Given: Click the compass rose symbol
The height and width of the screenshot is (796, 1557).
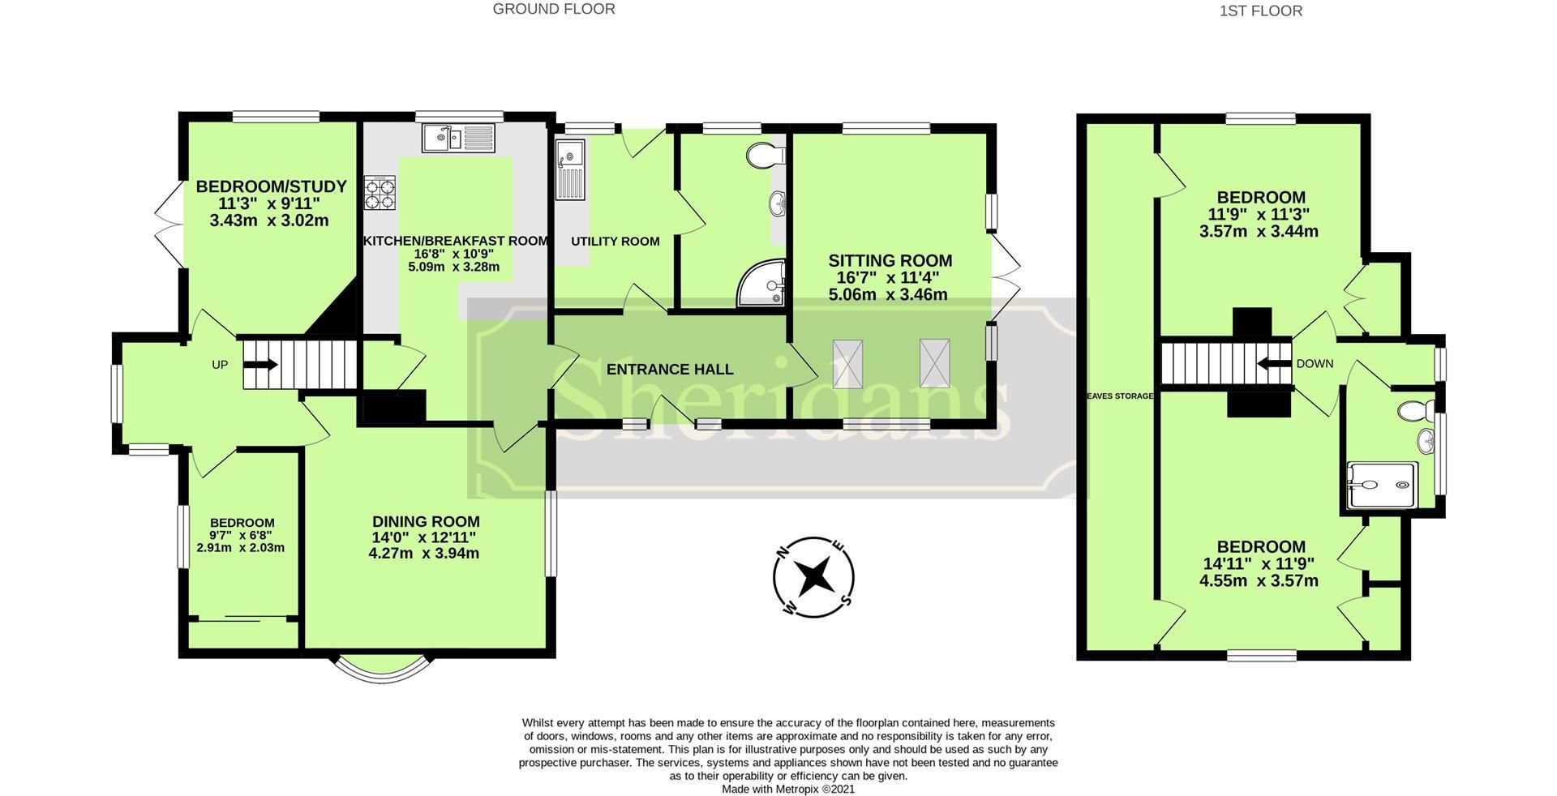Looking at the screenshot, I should [813, 578].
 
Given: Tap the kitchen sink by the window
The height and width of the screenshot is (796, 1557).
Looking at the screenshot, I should [457, 139].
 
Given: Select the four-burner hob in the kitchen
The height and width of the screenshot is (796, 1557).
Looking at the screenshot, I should [380, 193].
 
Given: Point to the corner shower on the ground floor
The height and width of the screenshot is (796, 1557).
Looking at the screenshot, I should [763, 284].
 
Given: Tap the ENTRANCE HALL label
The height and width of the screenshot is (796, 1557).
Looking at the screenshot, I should [670, 370].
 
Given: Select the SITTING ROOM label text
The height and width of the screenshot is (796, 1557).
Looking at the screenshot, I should [890, 261].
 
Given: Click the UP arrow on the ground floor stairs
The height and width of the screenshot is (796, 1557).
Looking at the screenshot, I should [260, 365].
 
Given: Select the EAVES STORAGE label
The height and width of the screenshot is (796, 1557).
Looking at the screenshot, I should [1119, 396].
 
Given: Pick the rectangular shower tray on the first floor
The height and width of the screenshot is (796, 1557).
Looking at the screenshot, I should [1383, 485].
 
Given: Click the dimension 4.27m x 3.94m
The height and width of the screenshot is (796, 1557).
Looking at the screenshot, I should [423, 554].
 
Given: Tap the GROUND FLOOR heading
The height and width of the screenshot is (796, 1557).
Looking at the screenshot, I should [554, 9].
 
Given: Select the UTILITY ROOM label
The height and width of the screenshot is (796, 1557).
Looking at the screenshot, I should [615, 242].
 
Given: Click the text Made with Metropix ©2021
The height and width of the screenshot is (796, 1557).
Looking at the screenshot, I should [788, 789].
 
